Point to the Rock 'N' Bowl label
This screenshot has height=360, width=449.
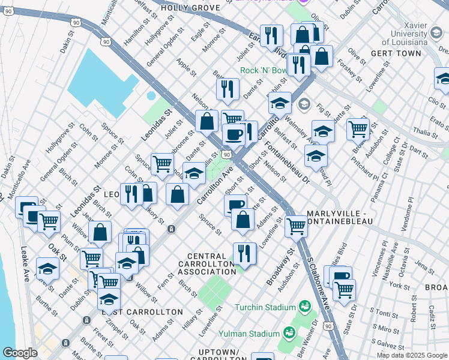[x=264, y=70]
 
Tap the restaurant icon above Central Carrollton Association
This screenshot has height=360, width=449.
[x=244, y=253]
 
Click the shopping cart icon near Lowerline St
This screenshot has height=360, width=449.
[x=296, y=226]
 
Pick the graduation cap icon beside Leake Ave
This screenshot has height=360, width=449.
[x=47, y=268]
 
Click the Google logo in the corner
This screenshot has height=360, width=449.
[x=20, y=353]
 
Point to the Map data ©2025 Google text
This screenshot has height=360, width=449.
[x=412, y=355]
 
